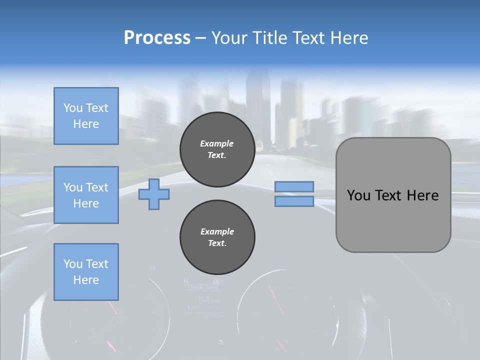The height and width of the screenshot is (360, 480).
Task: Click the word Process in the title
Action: (157, 38)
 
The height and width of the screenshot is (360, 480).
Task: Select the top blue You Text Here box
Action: (86, 116)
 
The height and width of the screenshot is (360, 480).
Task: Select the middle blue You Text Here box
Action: (86, 195)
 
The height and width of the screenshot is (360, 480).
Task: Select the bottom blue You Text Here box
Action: (86, 272)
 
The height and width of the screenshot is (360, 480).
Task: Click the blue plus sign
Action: (154, 194)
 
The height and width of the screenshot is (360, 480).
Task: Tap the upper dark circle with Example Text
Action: (217, 149)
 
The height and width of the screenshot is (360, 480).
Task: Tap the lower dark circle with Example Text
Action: (217, 237)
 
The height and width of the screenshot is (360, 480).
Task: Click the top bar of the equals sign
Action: (294, 187)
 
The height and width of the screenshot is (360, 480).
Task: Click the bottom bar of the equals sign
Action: (294, 201)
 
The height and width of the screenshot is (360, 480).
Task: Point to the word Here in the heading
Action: (350, 38)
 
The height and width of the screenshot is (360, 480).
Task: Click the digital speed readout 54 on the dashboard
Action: (204, 300)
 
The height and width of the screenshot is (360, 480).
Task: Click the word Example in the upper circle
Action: (217, 143)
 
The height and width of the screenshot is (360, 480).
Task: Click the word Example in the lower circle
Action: (217, 231)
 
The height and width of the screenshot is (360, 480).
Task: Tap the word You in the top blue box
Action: (73, 108)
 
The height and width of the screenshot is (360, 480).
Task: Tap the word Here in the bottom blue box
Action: (86, 280)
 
